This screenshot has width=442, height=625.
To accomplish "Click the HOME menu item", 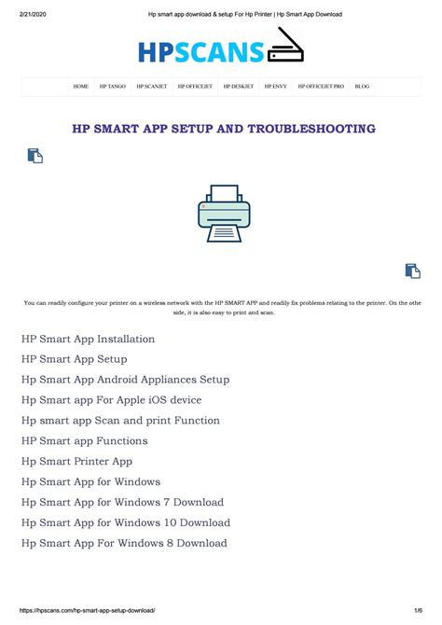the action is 81,86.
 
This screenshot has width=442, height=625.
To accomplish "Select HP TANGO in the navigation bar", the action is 113,86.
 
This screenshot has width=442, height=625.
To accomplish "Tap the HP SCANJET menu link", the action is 151,86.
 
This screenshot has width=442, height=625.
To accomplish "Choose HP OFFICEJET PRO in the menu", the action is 321,86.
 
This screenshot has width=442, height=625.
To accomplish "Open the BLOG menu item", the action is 362,86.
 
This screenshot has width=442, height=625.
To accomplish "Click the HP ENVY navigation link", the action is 275,86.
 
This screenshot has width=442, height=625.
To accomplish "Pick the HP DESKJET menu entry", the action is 238,86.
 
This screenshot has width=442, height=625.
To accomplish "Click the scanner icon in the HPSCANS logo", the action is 285,47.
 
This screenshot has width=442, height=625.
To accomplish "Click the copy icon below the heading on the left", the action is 35,156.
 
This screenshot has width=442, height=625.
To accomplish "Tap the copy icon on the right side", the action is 412,271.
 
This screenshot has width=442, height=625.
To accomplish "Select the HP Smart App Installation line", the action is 88,339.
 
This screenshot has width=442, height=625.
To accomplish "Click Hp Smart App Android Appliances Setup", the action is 125,380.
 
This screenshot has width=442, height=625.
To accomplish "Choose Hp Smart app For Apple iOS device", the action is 111,400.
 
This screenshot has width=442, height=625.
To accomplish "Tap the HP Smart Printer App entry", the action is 76,462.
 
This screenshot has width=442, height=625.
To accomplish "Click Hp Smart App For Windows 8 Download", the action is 124,543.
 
